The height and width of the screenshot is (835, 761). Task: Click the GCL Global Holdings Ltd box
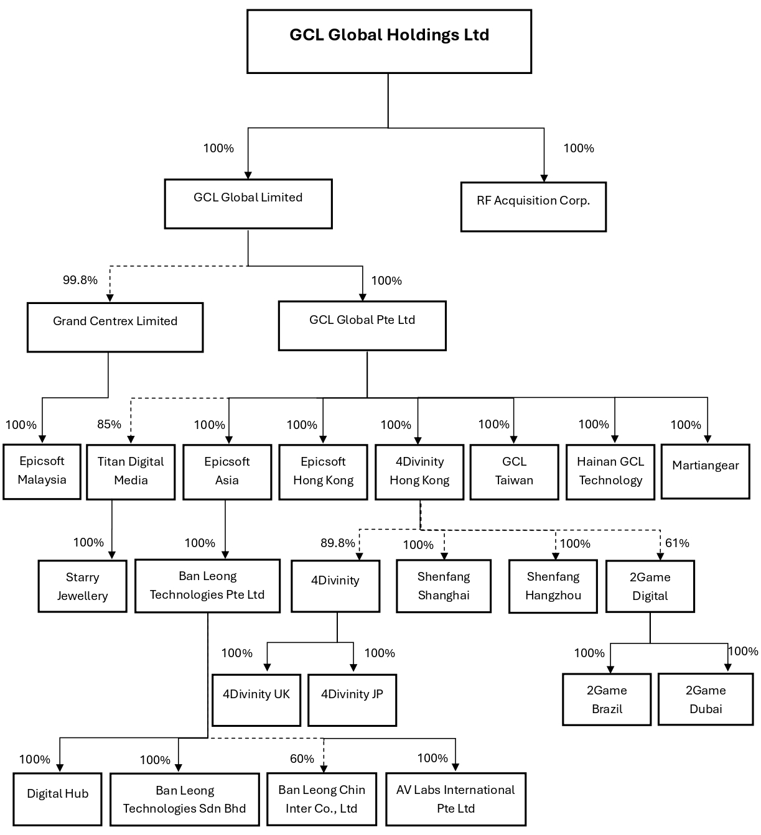tap(389, 42)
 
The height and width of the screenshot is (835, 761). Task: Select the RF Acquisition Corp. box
tap(533, 206)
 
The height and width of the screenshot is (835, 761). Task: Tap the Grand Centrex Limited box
tap(115, 327)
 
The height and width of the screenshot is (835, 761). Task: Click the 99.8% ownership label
tap(80, 280)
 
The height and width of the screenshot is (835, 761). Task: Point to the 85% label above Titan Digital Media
tap(109, 424)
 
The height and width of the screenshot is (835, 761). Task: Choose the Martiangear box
tap(705, 471)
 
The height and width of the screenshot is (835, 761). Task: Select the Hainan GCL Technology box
tap(610, 472)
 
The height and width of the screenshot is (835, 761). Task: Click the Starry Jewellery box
tap(83, 586)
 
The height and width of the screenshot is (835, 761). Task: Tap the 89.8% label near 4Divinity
tap(338, 543)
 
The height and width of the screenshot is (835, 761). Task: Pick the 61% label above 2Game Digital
tap(677, 543)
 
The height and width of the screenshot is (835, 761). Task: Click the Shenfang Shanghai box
tap(444, 586)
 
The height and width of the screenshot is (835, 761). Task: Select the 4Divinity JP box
tap(352, 700)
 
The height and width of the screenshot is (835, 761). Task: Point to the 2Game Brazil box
tap(607, 699)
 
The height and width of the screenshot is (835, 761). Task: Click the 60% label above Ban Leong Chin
tap(302, 759)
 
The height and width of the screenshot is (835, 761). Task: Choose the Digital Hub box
tap(57, 799)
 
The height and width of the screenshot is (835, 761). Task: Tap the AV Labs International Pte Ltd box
tap(455, 799)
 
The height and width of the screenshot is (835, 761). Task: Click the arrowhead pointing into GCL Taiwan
tap(513, 440)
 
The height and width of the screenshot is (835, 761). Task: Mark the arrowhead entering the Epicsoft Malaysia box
tap(42, 439)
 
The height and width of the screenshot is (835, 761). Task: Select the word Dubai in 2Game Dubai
tap(706, 708)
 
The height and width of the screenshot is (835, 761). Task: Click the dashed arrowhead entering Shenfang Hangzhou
tap(555, 556)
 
